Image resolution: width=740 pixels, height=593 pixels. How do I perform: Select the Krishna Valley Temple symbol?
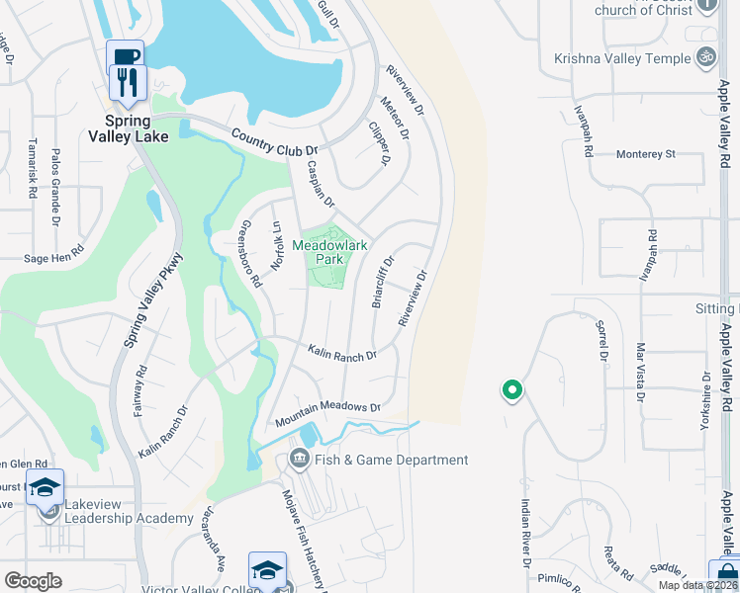tap(706, 57)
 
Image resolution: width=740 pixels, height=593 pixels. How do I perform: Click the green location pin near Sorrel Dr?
tap(511, 391)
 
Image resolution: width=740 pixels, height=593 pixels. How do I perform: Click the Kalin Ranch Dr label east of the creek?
tap(342, 353)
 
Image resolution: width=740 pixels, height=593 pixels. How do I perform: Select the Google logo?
tap(33, 581)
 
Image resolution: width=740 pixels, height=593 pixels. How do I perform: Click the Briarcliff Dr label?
tap(382, 283)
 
